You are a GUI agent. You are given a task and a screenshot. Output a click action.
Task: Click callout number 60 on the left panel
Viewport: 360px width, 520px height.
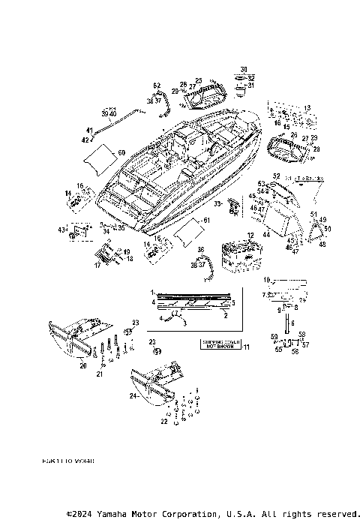click(x=121, y=152)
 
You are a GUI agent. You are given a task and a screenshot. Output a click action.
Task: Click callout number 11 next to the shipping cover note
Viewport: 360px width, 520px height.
click(x=247, y=345)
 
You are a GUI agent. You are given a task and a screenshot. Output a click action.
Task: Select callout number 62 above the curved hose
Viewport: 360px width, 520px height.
click(x=157, y=85)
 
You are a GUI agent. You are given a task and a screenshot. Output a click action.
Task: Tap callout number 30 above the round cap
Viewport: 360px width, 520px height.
click(x=243, y=69)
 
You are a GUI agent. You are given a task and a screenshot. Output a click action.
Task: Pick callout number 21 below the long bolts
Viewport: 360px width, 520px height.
click(x=99, y=373)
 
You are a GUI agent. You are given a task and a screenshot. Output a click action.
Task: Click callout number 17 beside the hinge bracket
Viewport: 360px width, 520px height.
click(x=96, y=264)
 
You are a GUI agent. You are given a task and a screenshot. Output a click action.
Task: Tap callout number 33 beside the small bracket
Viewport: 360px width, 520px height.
click(x=217, y=203)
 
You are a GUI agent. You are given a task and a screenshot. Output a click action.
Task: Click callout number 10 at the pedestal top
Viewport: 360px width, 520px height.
click(x=265, y=280)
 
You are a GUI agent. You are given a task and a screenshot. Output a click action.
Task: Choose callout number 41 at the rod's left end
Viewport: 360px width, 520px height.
click(x=88, y=130)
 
